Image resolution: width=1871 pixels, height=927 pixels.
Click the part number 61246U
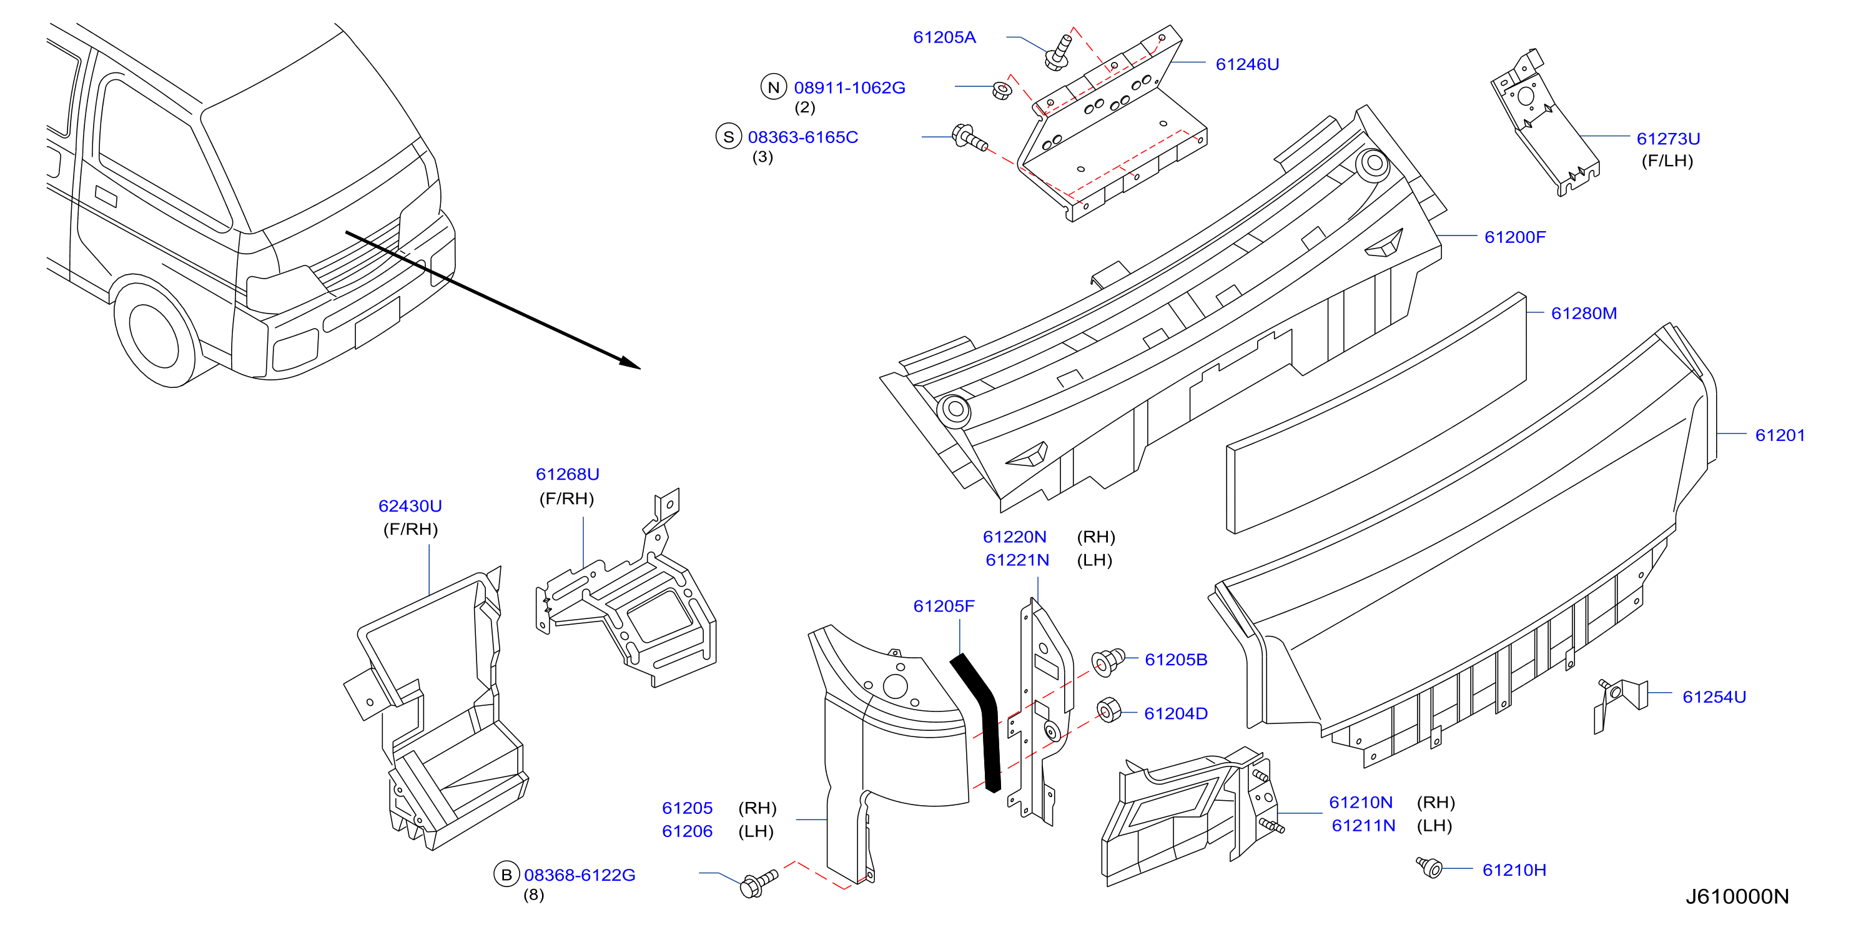tap(1247, 65)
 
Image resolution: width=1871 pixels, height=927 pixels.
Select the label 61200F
tap(1514, 237)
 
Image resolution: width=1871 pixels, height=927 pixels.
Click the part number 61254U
tap(1714, 696)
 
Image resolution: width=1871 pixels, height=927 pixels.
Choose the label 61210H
tap(1514, 870)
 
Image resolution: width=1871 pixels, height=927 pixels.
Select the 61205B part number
tap(1176, 660)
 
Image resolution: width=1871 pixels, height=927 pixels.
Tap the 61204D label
tap(1176, 713)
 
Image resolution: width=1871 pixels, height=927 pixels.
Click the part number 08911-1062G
tap(849, 88)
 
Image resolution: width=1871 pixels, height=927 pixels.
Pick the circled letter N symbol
tap(774, 87)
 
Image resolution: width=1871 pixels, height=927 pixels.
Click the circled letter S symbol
tap(729, 137)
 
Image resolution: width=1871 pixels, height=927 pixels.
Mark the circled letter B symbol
tap(506, 875)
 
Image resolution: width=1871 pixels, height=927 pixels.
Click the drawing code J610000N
tap(1737, 896)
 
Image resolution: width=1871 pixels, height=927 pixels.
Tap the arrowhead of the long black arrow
tap(631, 364)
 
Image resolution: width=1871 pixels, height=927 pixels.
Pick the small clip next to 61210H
tap(1429, 866)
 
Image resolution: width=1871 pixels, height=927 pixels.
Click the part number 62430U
tap(410, 507)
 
